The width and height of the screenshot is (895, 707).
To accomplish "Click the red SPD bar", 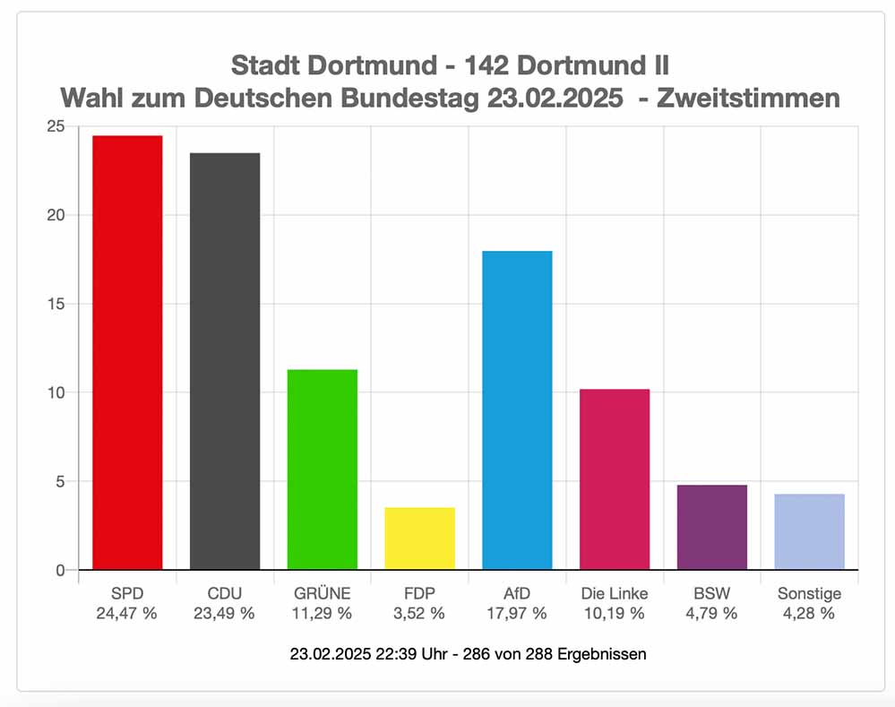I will click(x=127, y=352).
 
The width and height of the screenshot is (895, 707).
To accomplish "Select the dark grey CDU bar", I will click(x=225, y=361).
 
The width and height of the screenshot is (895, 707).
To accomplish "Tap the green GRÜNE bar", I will click(x=323, y=470).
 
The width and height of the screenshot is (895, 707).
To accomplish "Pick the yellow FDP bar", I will click(x=419, y=539).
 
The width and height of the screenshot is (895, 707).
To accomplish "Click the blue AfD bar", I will click(x=517, y=410).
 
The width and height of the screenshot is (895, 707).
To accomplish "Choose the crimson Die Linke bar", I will click(x=615, y=479).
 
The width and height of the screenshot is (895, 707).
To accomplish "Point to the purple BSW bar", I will click(x=711, y=528).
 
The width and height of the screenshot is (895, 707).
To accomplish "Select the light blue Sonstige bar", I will click(x=809, y=532).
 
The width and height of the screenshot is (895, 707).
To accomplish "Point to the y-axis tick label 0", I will click(x=60, y=570).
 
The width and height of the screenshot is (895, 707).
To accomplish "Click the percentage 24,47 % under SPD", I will click(x=127, y=614).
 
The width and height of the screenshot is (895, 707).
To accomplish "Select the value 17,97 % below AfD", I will click(x=517, y=614).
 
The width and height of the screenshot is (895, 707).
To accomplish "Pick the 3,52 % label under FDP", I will click(x=419, y=614).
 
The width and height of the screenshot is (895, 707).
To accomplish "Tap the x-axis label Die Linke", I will click(x=615, y=593).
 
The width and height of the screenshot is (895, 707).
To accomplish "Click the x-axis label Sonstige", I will click(x=809, y=593).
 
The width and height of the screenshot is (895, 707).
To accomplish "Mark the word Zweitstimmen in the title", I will click(x=748, y=98).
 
